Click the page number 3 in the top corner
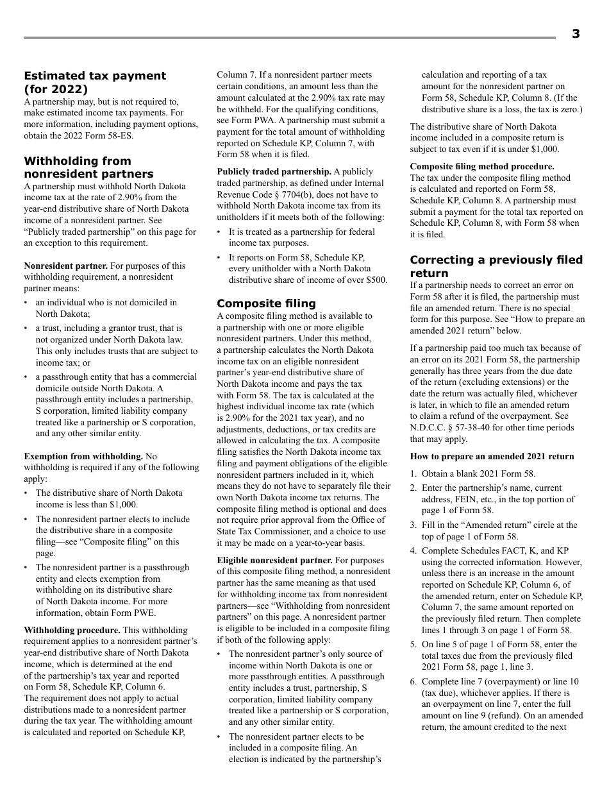pos(575,35)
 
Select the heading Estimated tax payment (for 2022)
pos(95,83)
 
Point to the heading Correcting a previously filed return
pos(496,266)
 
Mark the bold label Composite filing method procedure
pos(482,166)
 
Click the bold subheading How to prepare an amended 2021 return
pos(492,456)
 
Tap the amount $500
pos(376,280)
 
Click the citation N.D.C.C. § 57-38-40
pos(449,428)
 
